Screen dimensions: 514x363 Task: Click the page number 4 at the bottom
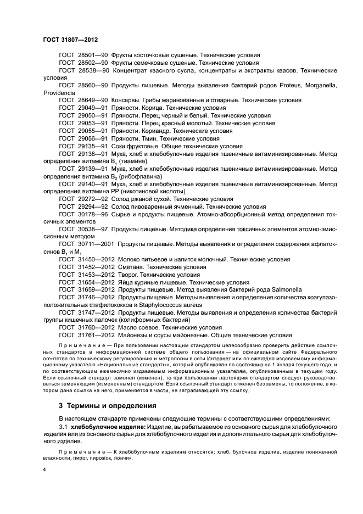pyautogui.click(x=46, y=470)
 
